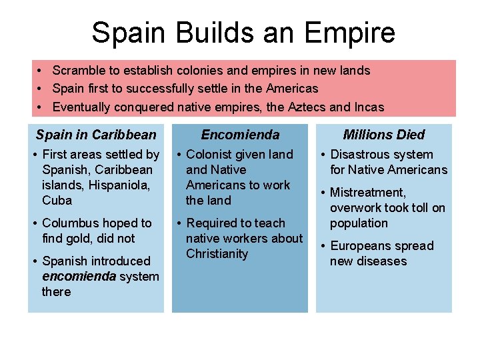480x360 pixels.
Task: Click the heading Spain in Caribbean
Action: coord(96,135)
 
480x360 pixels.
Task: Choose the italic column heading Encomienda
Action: coord(240,135)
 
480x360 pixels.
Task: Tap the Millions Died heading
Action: coord(384,135)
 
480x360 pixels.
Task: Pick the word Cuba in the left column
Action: coord(57,200)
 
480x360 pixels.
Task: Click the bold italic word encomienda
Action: coord(79,276)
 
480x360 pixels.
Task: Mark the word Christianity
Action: coord(217,253)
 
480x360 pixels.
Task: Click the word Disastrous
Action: coord(363,154)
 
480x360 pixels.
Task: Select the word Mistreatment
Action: coord(368,192)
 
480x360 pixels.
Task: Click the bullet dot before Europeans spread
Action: coord(322,245)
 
